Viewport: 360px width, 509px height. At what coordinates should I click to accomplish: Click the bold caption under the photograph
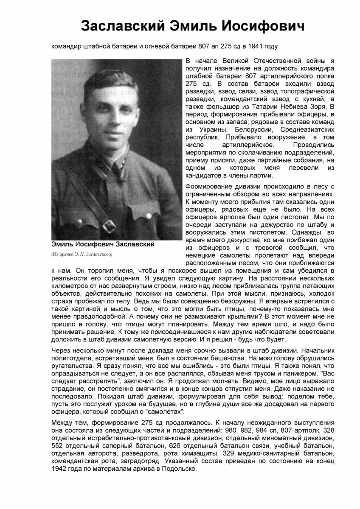coord(103,245)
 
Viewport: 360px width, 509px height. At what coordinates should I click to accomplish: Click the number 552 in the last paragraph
coord(56,446)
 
